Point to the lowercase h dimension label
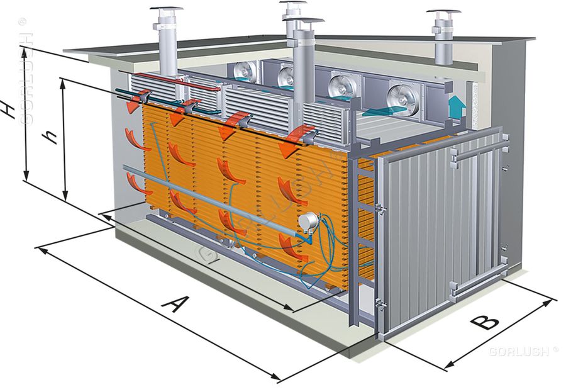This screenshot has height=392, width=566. click(50, 137)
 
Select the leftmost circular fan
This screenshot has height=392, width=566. click(245, 72)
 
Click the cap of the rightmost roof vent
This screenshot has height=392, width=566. click(443, 13)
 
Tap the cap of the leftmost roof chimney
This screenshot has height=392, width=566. click(167, 9)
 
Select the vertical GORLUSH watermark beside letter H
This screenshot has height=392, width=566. click(25, 72)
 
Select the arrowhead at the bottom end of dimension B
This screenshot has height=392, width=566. click(448, 365)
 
